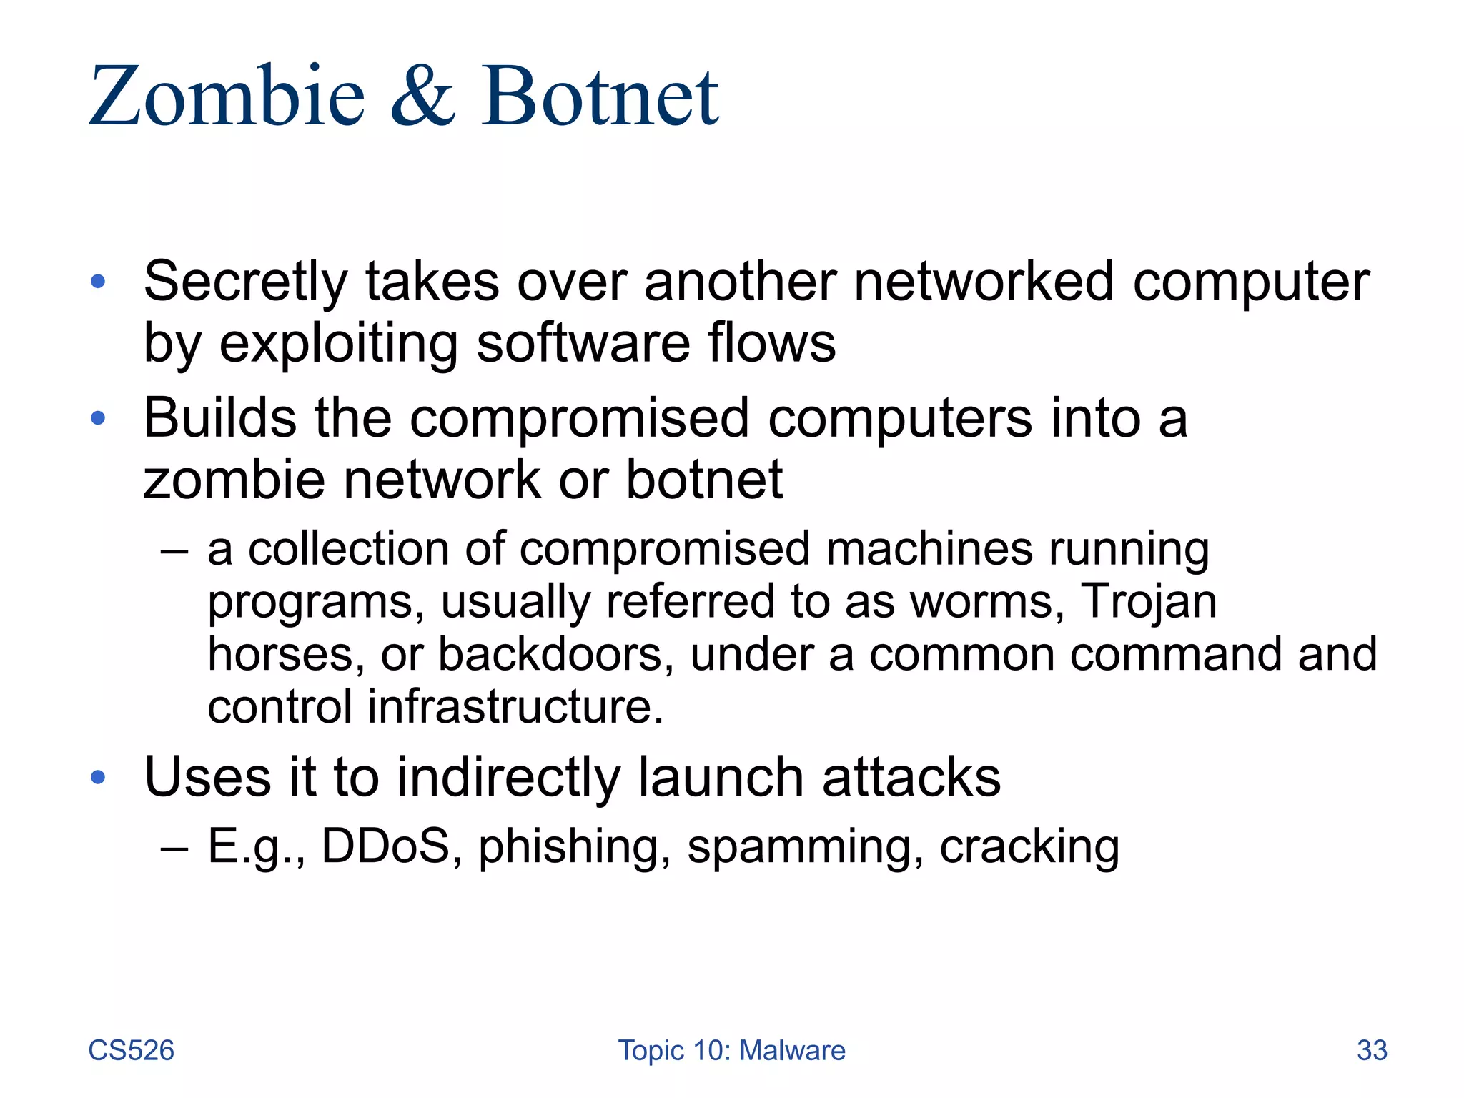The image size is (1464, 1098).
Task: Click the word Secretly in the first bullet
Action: pyautogui.click(x=245, y=282)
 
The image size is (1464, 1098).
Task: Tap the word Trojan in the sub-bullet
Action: pyautogui.click(x=1149, y=601)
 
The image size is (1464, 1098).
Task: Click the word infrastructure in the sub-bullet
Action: pyautogui.click(x=515, y=707)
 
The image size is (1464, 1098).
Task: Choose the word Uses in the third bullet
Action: pyautogui.click(x=208, y=777)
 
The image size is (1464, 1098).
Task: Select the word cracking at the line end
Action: pyautogui.click(x=1029, y=848)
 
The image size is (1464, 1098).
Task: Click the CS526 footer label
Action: pyautogui.click(x=131, y=1050)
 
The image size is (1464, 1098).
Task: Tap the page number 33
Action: pyautogui.click(x=1372, y=1050)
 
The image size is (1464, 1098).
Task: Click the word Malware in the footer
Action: pyautogui.click(x=792, y=1050)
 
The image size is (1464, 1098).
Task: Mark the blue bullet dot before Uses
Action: pyautogui.click(x=99, y=777)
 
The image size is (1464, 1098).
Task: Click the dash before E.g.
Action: pyautogui.click(x=174, y=848)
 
